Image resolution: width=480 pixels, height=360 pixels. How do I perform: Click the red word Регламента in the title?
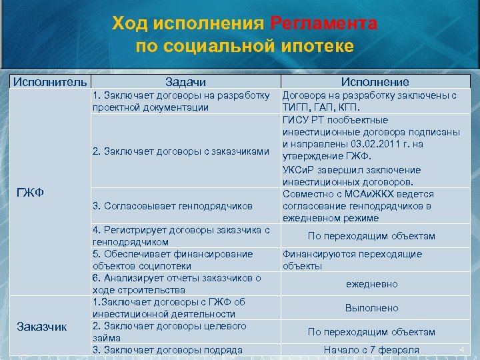324,24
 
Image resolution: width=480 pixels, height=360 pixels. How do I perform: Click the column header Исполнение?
375,81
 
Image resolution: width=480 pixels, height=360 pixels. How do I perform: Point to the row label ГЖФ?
30,193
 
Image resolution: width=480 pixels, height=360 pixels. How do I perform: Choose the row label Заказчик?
42,326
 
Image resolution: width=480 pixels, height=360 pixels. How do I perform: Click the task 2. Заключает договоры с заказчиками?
182,151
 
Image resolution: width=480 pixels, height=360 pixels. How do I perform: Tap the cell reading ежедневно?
371,284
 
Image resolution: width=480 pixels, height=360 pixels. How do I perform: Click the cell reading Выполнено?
371,308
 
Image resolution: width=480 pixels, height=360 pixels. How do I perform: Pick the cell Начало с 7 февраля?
371,350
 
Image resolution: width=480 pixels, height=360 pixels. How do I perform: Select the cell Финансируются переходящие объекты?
352,260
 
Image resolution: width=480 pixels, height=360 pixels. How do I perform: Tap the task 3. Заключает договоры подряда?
167,350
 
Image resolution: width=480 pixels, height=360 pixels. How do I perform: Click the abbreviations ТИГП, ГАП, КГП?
321,107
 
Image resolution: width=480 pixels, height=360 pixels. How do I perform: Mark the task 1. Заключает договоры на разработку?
181,95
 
